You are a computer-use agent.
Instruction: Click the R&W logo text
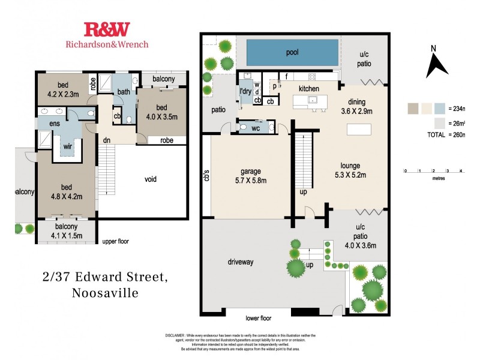(106, 29)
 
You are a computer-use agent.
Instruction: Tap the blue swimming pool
(292, 53)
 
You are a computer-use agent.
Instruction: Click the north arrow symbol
(437, 64)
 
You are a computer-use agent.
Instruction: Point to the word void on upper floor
(151, 179)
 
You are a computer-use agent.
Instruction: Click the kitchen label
(309, 89)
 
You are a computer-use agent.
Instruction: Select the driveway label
(241, 262)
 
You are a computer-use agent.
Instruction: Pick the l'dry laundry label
(245, 91)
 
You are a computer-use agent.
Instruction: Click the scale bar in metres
(433, 171)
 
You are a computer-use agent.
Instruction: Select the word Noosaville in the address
(105, 294)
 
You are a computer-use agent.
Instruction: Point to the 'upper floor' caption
(115, 241)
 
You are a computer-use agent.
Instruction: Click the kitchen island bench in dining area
(360, 129)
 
